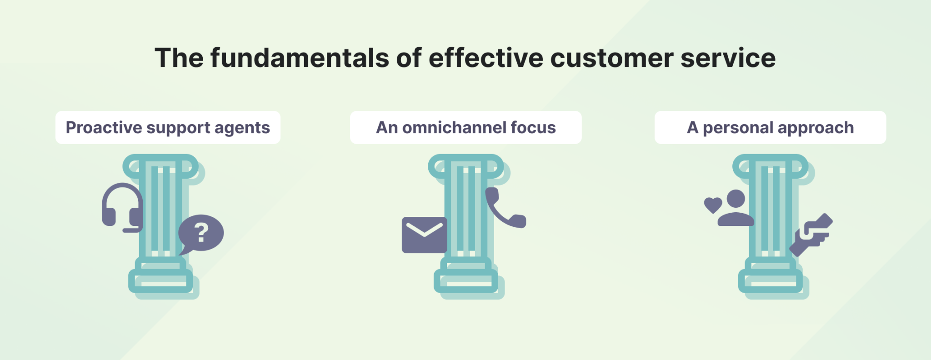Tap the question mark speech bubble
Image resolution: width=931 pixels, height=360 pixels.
[200, 233]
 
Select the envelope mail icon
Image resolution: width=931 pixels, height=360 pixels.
[424, 235]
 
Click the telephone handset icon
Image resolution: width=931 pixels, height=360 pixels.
[504, 209]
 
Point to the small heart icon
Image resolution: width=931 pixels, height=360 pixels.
[713, 205]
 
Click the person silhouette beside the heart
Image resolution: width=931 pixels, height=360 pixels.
[736, 209]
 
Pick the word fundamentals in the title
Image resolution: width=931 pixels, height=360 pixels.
[300, 58]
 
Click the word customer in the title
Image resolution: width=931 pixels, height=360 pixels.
[611, 58]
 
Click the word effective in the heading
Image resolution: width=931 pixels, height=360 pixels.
[486, 58]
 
